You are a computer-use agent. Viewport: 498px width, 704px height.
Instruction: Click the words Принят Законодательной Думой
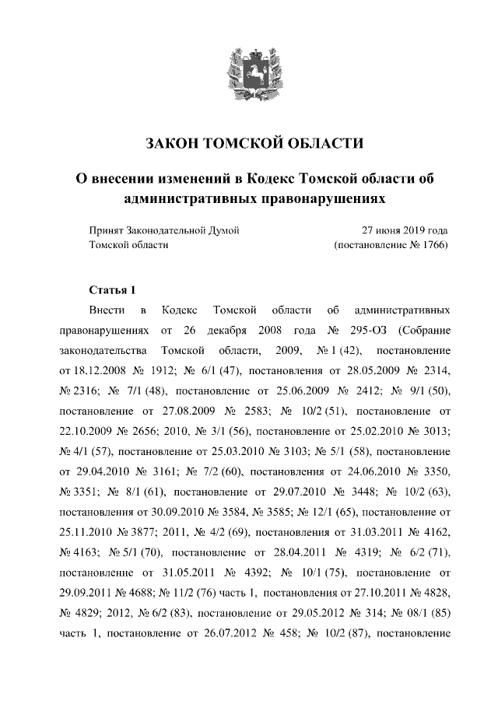[163, 231]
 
